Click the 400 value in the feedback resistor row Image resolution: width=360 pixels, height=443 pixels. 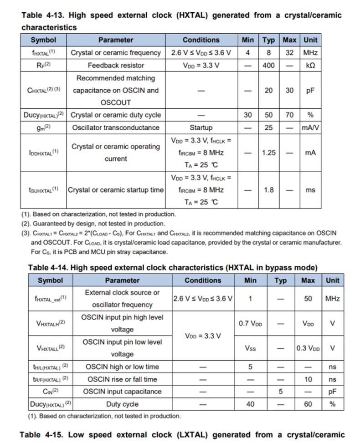point(268,65)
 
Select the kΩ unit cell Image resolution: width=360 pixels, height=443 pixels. point(310,65)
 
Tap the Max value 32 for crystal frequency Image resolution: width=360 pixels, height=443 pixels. point(289,52)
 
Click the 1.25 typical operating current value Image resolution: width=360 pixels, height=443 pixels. point(268,153)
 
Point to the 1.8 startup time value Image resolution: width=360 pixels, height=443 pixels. point(268,190)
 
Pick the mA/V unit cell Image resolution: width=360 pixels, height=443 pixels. point(310,127)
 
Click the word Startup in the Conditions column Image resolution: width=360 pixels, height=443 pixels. point(201,127)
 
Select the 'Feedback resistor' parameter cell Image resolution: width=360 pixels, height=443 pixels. point(116,65)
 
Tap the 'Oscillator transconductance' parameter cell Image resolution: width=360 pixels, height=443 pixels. point(116,127)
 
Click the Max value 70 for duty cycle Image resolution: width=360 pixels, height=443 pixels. point(289,115)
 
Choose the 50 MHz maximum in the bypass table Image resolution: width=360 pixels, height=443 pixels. point(308,299)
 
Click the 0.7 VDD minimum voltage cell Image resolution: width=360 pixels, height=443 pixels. point(250,323)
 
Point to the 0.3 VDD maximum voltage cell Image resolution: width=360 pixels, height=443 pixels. point(308,348)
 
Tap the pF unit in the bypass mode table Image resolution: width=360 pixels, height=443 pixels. point(332,392)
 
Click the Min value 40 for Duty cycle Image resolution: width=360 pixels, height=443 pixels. point(250,404)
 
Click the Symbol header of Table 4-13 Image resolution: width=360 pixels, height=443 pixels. point(43,40)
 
